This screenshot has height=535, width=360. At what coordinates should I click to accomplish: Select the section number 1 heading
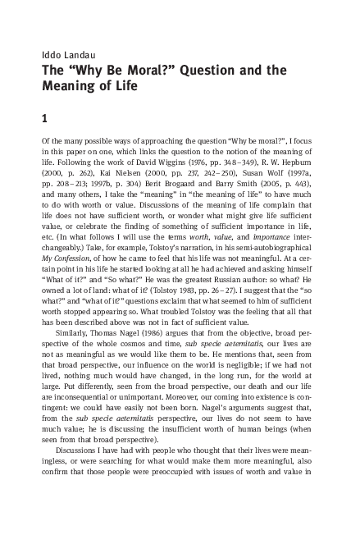(x=45, y=118)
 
